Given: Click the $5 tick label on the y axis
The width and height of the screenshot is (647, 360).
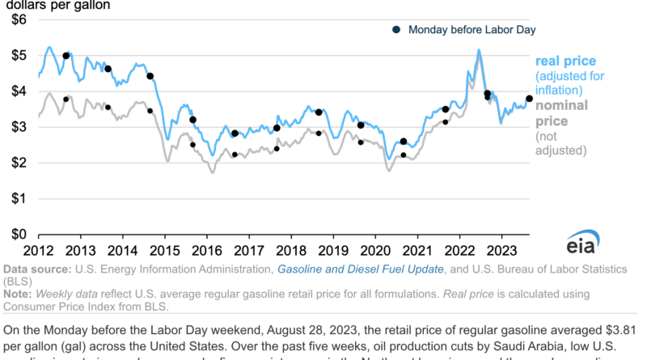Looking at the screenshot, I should click(x=18, y=56).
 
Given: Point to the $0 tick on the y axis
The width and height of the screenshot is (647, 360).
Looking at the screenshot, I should click(x=18, y=234).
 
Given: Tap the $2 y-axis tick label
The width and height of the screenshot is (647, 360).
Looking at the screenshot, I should click(x=18, y=163).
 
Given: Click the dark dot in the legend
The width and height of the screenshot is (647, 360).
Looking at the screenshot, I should click(x=396, y=30).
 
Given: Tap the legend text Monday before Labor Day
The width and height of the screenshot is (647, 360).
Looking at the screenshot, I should click(x=472, y=30).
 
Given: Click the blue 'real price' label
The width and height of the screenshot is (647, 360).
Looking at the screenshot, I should click(x=565, y=61).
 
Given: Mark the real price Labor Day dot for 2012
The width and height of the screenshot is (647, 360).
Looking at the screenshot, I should click(x=66, y=56).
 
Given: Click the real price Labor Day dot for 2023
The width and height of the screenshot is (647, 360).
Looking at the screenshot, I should click(x=529, y=99).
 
